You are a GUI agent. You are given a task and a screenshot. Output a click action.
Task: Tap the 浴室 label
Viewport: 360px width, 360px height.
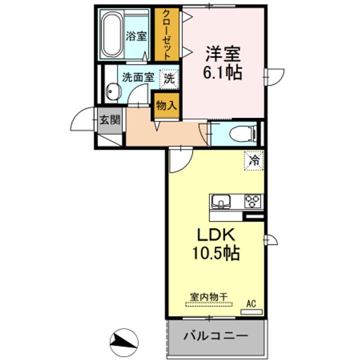(x=136, y=36)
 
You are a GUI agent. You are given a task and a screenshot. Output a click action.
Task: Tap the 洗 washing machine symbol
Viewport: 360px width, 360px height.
(x=169, y=78)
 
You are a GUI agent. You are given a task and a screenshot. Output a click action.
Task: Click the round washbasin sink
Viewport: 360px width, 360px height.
(x=112, y=92)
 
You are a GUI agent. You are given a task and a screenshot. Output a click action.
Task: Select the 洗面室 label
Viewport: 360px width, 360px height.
(x=137, y=78)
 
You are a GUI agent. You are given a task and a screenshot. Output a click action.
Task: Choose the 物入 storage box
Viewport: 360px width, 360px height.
(x=165, y=106)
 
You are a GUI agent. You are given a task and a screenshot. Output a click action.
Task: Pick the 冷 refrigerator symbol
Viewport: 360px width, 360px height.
(x=254, y=161)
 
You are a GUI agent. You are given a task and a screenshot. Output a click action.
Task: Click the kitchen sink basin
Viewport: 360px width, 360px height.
(x=221, y=201)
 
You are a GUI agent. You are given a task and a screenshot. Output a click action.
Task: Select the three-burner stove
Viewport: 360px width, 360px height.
(x=252, y=201)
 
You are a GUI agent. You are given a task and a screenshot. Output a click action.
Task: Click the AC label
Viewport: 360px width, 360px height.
(x=251, y=303)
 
